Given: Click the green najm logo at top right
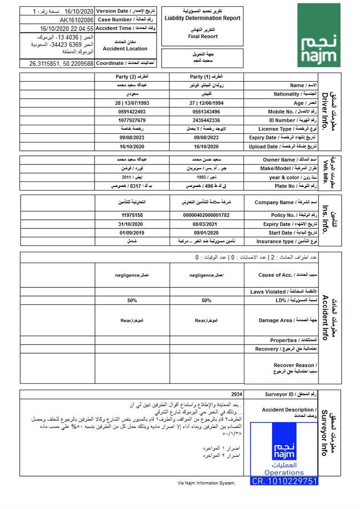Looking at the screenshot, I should click(x=319, y=35).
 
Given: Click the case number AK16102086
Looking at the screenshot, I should click(x=77, y=20).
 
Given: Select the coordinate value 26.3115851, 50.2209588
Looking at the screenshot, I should click(x=62, y=64).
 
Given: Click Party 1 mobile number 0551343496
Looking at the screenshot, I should click(x=206, y=111).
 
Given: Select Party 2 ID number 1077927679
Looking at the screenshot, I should click(x=132, y=120).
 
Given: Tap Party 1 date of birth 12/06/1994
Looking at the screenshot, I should click(x=211, y=103).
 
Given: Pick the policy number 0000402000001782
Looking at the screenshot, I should click(x=206, y=215).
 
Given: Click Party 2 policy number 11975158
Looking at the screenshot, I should click(x=132, y=215).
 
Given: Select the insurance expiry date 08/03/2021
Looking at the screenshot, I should click(x=206, y=224).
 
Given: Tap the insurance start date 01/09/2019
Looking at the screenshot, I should click(x=132, y=233).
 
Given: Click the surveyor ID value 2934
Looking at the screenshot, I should click(x=237, y=394).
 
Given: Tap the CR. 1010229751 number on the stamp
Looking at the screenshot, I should click(x=284, y=481).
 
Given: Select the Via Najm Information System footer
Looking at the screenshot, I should click(x=206, y=482).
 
